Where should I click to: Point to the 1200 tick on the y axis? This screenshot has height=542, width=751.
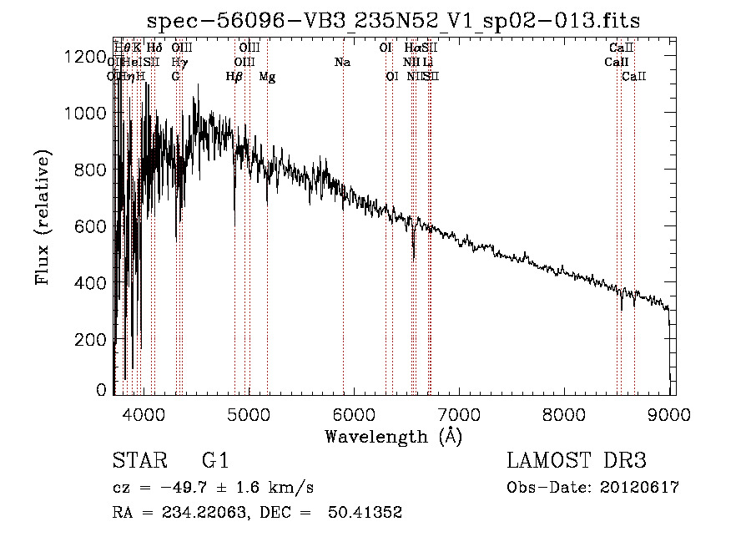tap(115, 56)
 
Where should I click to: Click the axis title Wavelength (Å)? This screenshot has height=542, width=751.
tap(392, 435)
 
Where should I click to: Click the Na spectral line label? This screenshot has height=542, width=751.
tap(342, 63)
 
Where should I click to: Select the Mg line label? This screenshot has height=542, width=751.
tap(267, 77)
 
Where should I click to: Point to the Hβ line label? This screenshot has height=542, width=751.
tap(234, 77)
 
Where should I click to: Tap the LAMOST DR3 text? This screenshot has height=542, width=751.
tap(576, 460)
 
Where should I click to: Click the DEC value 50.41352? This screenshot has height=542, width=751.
tap(367, 513)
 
